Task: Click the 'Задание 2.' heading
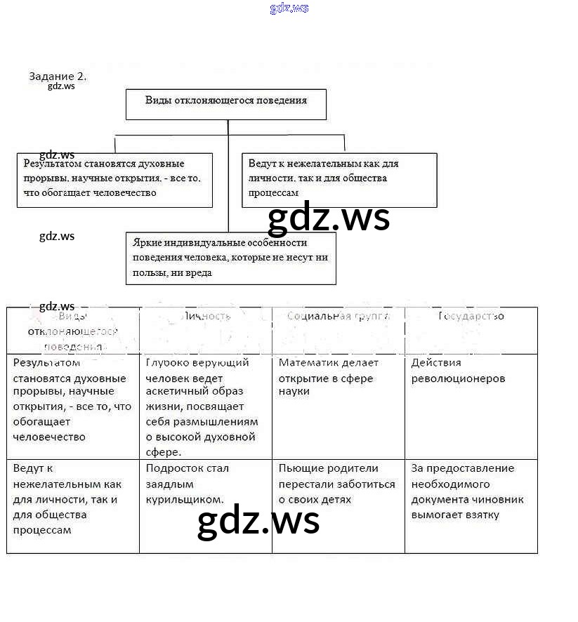pos(58,77)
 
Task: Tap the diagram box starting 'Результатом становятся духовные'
pos(114,180)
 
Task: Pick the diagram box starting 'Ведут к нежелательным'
pos(339,180)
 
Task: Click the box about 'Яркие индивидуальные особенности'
pos(230,258)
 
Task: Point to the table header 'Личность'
pos(206,317)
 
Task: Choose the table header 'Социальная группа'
pos(338,317)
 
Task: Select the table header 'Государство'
pos(471,317)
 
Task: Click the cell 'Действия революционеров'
pos(458,371)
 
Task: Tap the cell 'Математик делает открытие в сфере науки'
pos(328,377)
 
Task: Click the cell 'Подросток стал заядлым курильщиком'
pos(187,484)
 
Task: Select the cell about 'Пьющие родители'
pos(336,484)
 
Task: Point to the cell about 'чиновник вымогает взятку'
pos(467,491)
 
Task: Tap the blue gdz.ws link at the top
pos(289,8)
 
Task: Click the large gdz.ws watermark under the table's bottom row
pos(258,522)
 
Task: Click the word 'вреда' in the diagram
pos(199,273)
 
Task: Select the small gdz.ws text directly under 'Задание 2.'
pos(61,86)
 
